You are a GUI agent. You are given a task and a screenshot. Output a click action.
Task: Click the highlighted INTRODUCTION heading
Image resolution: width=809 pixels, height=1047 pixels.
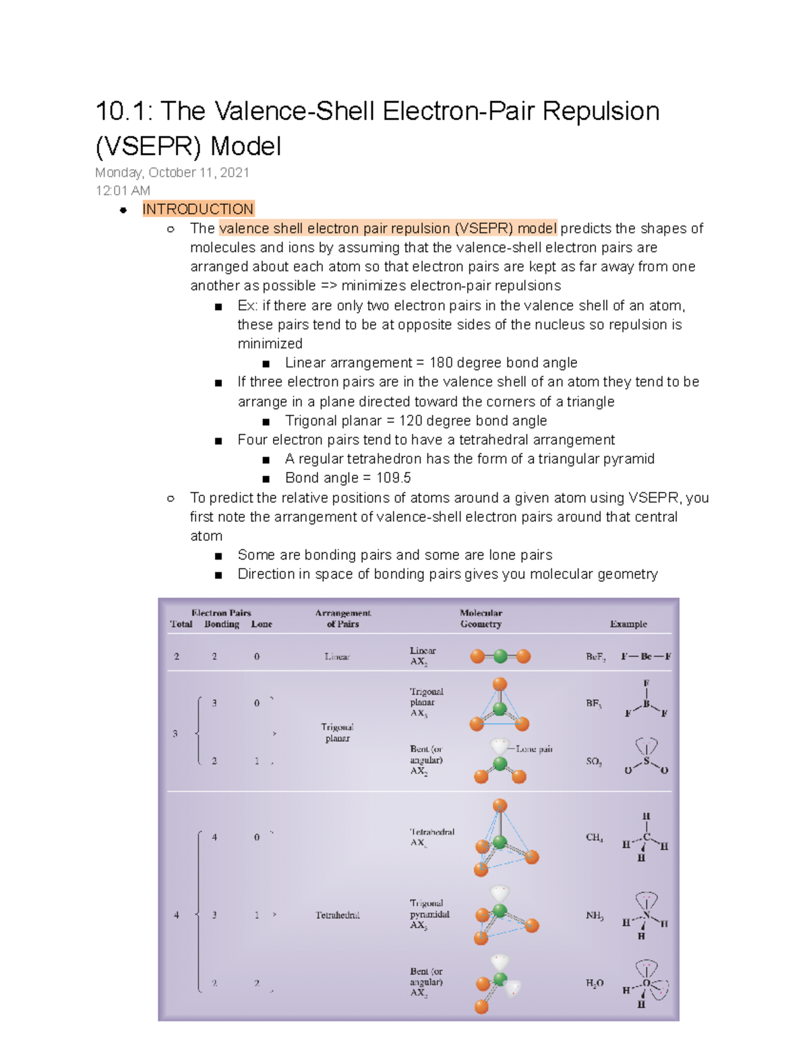point(198,209)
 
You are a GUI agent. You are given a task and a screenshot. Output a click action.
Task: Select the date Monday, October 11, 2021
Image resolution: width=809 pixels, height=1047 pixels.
point(172,173)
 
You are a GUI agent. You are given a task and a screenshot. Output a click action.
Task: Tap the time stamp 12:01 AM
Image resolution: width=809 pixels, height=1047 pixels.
point(123,191)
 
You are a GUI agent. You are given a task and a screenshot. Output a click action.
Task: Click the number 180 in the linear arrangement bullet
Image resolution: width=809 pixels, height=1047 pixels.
point(442,363)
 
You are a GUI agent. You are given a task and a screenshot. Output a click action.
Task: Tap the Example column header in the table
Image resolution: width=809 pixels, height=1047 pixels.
point(628,624)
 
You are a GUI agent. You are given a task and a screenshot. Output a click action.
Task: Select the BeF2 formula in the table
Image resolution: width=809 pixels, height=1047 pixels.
point(595,657)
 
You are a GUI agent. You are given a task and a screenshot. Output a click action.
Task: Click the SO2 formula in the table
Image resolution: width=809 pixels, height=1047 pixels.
point(594,761)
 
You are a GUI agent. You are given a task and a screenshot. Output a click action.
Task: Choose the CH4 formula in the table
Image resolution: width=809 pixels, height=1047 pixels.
point(594,837)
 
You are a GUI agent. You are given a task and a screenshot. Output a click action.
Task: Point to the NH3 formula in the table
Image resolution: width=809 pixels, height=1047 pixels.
point(595,916)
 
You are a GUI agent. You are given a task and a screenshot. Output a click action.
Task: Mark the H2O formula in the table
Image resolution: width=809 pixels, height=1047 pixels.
point(595,983)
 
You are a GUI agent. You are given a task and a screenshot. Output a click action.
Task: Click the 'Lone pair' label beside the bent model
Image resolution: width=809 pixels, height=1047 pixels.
point(534,749)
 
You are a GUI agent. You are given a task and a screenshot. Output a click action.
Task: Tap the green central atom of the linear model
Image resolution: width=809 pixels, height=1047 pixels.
point(500,656)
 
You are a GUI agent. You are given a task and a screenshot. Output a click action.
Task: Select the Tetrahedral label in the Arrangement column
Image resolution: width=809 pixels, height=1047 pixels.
point(337,915)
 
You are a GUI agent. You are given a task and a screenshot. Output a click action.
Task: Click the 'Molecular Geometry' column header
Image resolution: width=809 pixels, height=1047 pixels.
point(481,618)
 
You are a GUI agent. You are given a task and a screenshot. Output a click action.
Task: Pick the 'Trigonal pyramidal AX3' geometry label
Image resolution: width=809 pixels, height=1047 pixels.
point(429,914)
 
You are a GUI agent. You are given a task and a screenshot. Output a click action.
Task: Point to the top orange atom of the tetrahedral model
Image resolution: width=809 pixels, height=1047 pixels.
point(500,806)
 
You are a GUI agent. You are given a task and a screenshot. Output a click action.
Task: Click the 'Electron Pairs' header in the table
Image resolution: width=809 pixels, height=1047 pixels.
point(221,613)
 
